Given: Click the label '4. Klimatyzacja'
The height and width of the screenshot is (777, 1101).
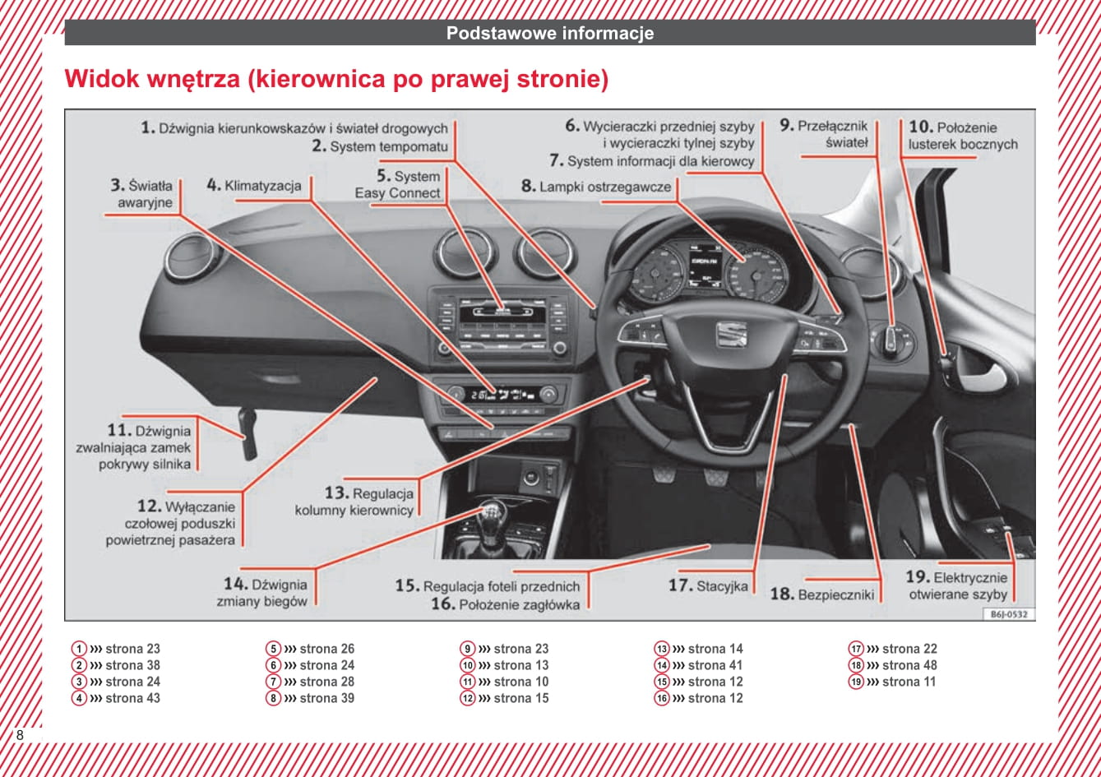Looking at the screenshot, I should pos(254,186).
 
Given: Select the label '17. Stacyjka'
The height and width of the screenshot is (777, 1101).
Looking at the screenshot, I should pos(708,585).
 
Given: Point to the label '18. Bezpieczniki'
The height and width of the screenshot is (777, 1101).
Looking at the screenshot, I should pos(821,594).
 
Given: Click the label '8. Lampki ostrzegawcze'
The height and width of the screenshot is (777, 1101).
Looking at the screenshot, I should pos(596,187).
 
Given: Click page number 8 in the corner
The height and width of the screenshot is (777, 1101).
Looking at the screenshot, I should pos(20,735).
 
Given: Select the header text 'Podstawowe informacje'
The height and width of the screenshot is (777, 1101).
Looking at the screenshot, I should pos(550,34).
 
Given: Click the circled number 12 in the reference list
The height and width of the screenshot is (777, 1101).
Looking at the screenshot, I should pos(468,698).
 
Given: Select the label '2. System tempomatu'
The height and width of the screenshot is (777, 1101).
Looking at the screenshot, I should pos(380,147).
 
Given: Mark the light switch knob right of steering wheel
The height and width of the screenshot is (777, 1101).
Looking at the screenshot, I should pos(891,340).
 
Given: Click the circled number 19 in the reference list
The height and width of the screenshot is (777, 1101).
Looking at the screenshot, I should pos(856,682).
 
